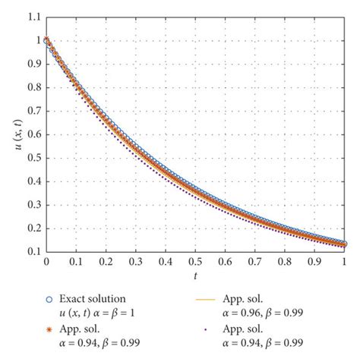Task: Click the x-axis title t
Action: [x=195, y=275]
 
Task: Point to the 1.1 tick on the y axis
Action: [x=33, y=14]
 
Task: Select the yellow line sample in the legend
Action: [x=206, y=298]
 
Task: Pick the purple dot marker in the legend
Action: [x=206, y=331]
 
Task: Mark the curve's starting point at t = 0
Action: [x=46, y=39]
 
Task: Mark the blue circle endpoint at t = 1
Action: [x=344, y=244]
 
